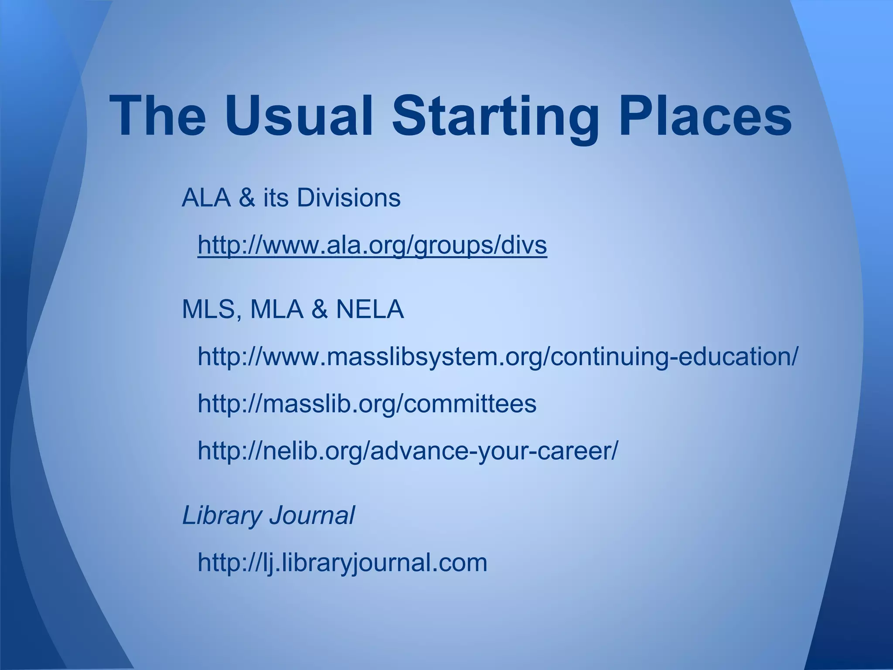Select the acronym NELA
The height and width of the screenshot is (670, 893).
370,309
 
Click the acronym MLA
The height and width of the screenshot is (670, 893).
277,309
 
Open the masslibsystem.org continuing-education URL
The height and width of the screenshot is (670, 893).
498,356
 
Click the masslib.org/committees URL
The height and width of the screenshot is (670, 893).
367,403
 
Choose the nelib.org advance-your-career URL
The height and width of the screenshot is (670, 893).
408,451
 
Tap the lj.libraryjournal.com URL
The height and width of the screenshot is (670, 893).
342,562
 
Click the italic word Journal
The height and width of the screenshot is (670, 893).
312,515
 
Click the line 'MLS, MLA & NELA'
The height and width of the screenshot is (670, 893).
293,309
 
